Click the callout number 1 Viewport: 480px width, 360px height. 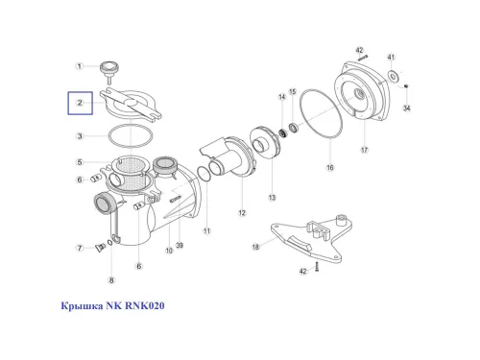pyautogui.click(x=80, y=66)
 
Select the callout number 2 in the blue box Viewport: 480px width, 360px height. pyautogui.click(x=80, y=103)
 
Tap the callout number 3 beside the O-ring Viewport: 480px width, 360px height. pyautogui.click(x=80, y=136)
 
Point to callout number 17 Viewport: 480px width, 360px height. pyautogui.click(x=365, y=150)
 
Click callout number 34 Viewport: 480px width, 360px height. pyautogui.click(x=406, y=108)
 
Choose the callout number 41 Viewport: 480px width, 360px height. pyautogui.click(x=391, y=57)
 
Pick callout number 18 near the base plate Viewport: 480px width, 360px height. pyautogui.click(x=255, y=247)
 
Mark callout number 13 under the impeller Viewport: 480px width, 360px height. pyautogui.click(x=272, y=198)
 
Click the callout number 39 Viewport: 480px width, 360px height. pyautogui.click(x=180, y=245)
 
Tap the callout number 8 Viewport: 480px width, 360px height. pyautogui.click(x=111, y=280)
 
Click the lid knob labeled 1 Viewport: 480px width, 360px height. pyautogui.click(x=109, y=71)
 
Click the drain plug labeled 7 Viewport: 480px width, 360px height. pyautogui.click(x=100, y=247)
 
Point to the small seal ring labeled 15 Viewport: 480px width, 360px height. pyautogui.click(x=294, y=128)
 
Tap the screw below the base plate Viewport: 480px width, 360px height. pyautogui.click(x=317, y=266)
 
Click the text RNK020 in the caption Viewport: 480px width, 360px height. pyautogui.click(x=145, y=305)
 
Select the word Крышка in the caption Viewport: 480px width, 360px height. pyautogui.click(x=82, y=306)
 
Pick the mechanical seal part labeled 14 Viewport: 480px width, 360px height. pyautogui.click(x=282, y=132)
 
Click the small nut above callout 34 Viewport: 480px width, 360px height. pyautogui.click(x=406, y=85)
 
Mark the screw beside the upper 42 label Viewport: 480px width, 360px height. pyautogui.click(x=363, y=58)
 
